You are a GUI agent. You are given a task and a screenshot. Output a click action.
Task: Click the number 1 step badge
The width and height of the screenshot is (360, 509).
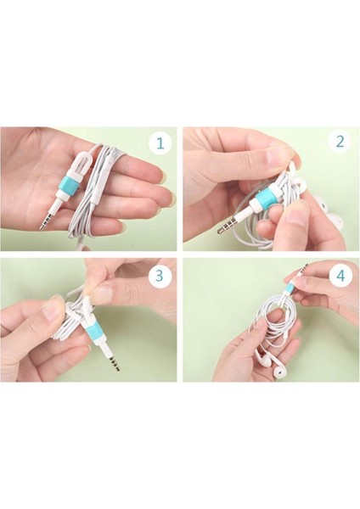pos(160,143)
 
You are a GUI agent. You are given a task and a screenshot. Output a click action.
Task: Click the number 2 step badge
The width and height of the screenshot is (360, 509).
pos(340,143)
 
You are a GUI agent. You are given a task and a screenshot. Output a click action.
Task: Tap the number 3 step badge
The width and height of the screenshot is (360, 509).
pos(160,275)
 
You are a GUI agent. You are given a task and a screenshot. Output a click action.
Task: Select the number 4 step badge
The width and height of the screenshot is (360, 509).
pos(340,276)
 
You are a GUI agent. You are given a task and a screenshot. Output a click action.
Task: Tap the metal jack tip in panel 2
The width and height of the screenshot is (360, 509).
pos(227,226)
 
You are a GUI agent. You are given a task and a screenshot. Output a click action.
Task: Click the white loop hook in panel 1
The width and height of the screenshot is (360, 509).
pos(77,161)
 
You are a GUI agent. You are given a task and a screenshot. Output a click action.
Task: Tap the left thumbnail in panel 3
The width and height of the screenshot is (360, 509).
pos(52,307)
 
